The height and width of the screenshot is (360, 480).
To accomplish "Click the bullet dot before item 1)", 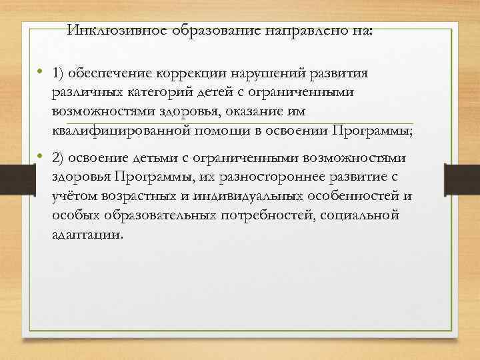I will coord(40,71).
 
